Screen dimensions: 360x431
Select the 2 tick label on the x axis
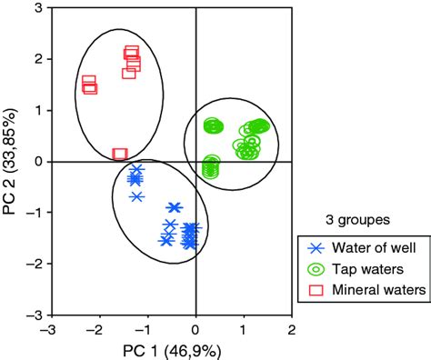tap(292, 328)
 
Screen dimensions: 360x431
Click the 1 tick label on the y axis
tap(40, 110)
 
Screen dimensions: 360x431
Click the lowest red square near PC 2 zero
tap(120, 155)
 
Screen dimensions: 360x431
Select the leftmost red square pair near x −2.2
tap(89, 85)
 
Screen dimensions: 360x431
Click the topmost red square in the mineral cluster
tap(132, 53)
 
